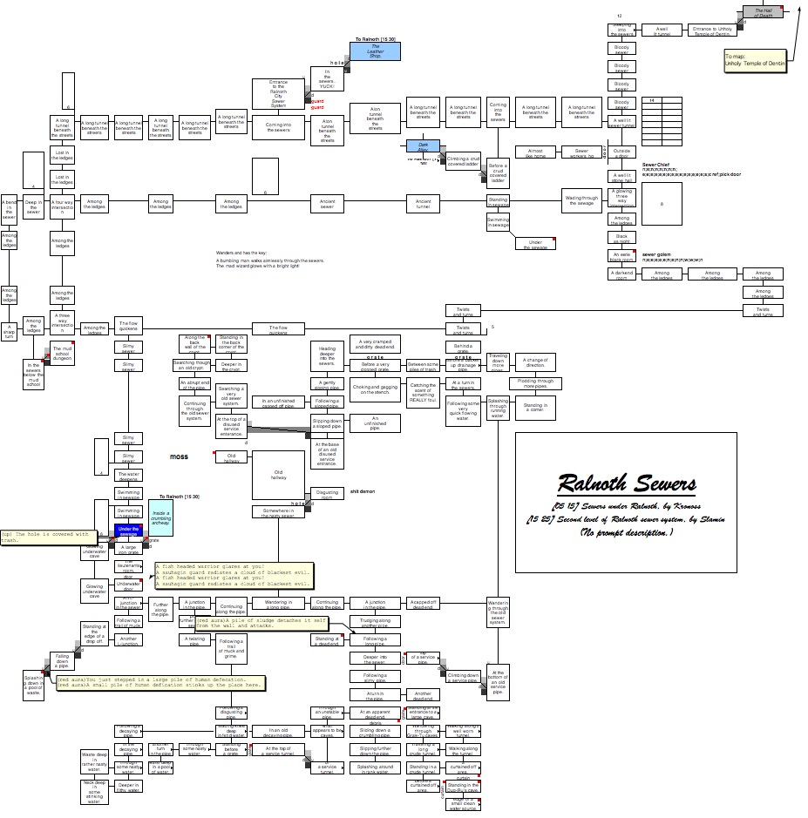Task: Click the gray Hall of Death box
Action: click(763, 12)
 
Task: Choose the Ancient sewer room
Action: click(327, 204)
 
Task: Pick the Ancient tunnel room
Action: click(424, 204)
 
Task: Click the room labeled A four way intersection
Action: click(62, 207)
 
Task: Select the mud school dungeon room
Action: click(62, 353)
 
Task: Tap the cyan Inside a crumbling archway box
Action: click(161, 517)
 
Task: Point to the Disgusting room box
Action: click(327, 493)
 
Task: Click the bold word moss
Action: click(179, 456)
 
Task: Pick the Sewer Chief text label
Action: click(655, 164)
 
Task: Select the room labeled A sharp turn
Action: click(9, 333)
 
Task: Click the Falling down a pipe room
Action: click(62, 660)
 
